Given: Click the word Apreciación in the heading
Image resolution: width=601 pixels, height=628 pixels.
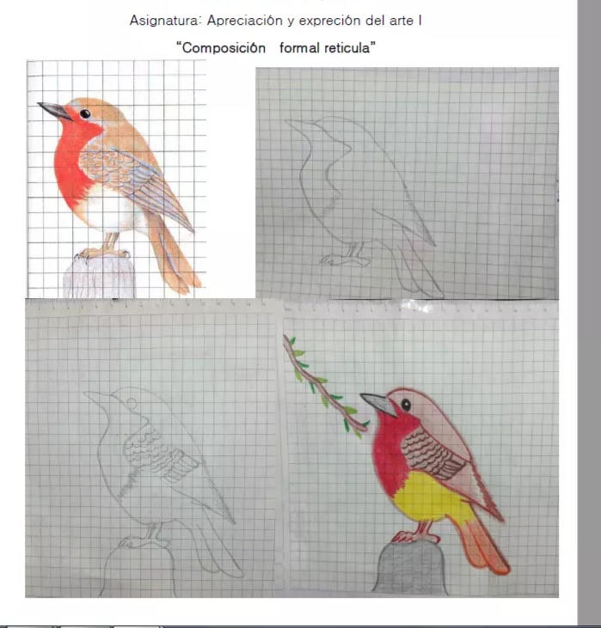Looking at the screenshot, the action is click(244, 21).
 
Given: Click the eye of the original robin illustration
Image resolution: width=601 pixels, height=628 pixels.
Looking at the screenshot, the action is click(84, 113).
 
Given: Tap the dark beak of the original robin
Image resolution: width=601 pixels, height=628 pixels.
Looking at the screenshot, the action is click(54, 111).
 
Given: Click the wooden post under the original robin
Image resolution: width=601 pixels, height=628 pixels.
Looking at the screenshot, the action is click(99, 277).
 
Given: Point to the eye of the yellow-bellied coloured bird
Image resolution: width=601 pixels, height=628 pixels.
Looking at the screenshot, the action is click(406, 405).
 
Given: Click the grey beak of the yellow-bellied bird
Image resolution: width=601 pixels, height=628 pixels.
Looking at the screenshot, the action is click(378, 404).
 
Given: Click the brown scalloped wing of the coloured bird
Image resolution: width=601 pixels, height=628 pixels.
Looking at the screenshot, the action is click(432, 453).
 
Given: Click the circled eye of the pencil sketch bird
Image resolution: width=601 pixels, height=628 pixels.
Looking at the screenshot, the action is click(132, 403).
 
